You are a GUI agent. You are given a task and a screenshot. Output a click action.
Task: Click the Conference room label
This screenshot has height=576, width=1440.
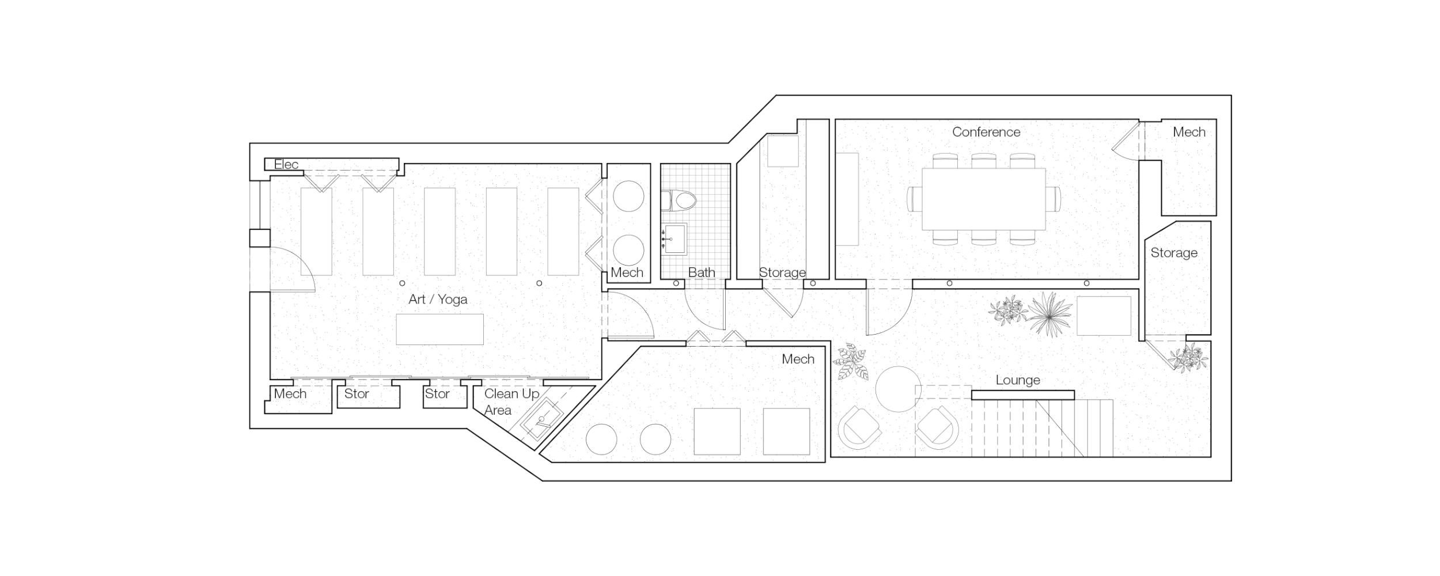pos(986,132)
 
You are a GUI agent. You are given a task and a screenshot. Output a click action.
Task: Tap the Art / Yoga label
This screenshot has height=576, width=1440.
pos(437,299)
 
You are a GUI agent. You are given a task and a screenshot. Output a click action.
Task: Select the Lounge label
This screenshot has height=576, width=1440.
pos(1017,380)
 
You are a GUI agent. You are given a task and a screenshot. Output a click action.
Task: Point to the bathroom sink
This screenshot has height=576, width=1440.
pos(675,238)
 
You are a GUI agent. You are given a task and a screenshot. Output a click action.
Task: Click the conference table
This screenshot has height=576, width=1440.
pos(983,199)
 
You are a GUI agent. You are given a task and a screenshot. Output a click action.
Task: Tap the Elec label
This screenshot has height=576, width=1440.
pos(286,164)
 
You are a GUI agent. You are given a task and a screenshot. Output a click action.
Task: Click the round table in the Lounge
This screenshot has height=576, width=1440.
pos(898,389)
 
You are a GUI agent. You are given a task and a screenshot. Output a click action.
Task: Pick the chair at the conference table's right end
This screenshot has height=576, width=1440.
pos(1054,199)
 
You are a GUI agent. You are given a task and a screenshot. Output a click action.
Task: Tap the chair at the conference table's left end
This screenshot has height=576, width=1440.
pos(914,199)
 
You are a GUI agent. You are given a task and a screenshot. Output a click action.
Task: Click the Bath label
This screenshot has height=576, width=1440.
pos(701,272)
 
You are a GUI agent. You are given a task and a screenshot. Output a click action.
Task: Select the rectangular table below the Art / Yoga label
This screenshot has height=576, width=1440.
pos(439,329)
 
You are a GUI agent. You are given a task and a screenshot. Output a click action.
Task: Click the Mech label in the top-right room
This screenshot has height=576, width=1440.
pos(1189,132)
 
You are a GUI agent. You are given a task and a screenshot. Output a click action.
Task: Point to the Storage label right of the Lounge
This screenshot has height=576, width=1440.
pos(1173,253)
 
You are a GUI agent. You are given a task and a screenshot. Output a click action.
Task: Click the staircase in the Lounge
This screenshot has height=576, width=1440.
pos(1043,428)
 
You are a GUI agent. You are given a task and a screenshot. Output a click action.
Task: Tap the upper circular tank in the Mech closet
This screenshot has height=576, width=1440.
pos(628,196)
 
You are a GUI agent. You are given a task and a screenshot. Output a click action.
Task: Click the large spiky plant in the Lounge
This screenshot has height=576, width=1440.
pos(1049,313)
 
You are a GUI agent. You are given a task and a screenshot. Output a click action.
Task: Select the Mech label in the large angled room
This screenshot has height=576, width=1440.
pos(798,359)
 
